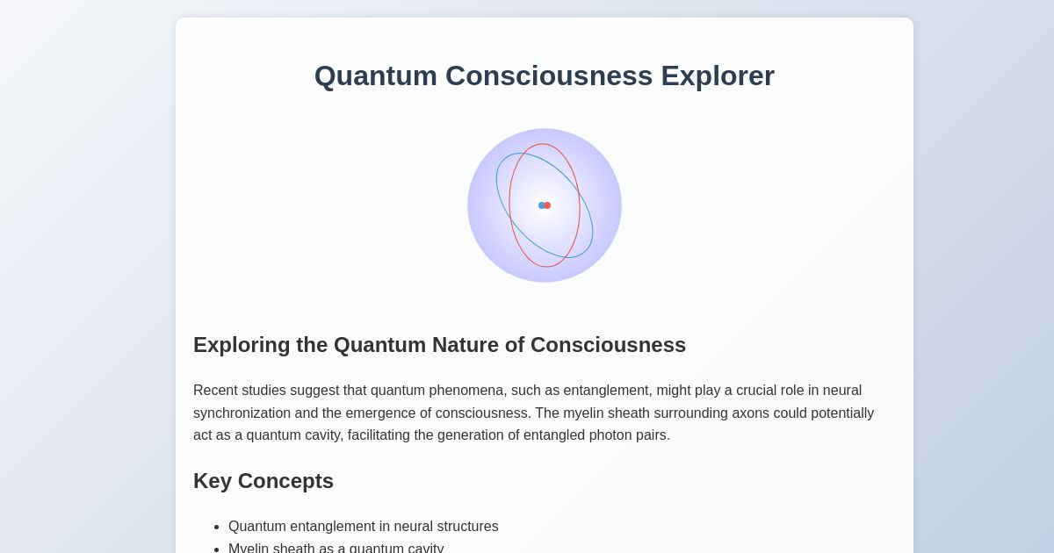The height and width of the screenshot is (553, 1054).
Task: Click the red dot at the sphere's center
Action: click(x=547, y=205)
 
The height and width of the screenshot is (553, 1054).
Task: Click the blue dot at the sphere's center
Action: click(x=541, y=205)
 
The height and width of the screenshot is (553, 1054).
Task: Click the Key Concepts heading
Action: click(x=263, y=481)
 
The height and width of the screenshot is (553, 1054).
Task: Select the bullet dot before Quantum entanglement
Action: click(x=215, y=527)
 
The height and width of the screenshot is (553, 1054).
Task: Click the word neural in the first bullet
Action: click(x=415, y=527)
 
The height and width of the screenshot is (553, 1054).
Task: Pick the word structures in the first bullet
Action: click(x=469, y=527)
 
